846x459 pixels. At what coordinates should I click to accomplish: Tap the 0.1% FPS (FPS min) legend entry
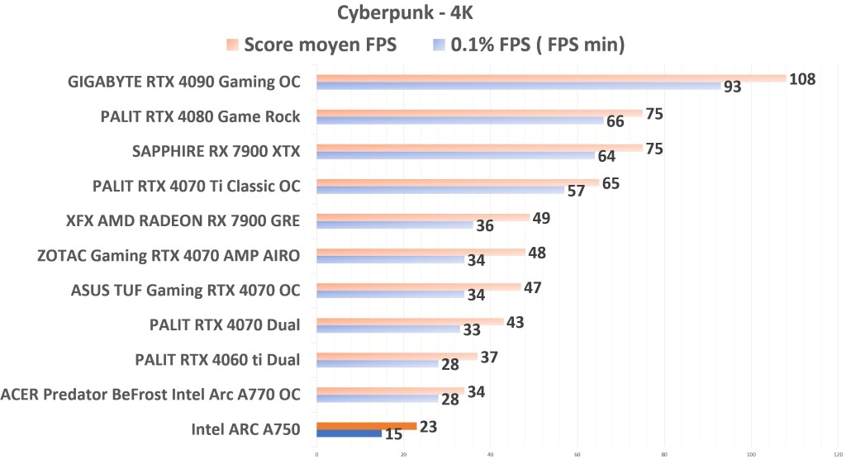click(x=528, y=45)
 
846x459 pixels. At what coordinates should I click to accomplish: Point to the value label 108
click(x=802, y=79)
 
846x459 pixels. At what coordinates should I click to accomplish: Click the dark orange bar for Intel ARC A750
click(x=366, y=426)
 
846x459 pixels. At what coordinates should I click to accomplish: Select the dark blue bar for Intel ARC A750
click(x=349, y=433)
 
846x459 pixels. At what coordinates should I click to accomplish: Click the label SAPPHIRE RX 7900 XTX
click(x=216, y=151)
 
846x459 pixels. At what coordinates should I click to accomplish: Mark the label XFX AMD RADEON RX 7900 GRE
click(x=183, y=220)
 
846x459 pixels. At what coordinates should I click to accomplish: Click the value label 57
click(x=576, y=191)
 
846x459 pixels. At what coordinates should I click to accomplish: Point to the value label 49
click(x=540, y=218)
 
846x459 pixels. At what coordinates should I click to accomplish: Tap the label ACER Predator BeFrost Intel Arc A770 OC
click(x=151, y=395)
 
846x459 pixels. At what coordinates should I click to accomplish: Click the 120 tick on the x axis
click(x=839, y=453)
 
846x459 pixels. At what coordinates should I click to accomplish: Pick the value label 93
click(x=732, y=87)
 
